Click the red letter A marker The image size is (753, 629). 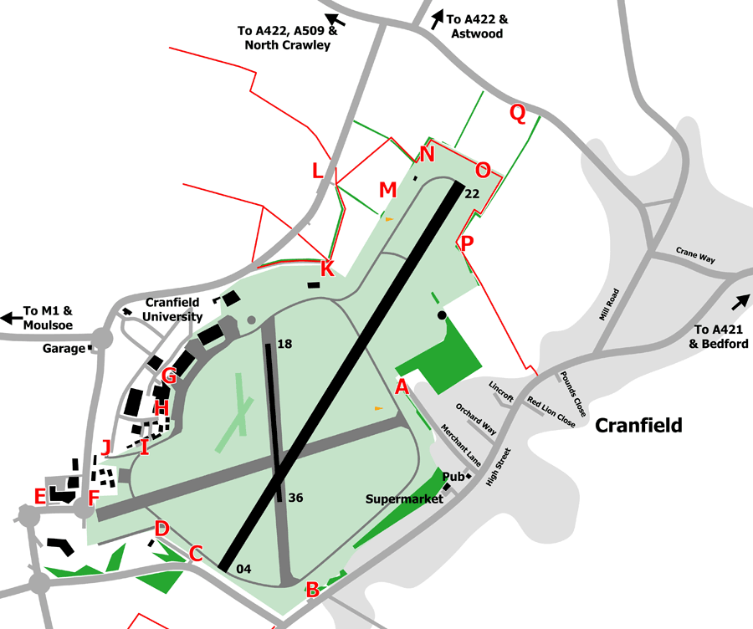tap(402, 386)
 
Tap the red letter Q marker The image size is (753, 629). tap(518, 115)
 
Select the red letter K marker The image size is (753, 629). tap(327, 269)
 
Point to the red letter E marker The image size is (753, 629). tap(39, 496)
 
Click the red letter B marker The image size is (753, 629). tap(312, 589)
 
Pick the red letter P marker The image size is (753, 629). tap(467, 243)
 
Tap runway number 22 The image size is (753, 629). tap(472, 193)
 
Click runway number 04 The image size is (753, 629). tap(243, 570)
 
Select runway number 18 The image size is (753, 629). tap(284, 343)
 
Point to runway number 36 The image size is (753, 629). tap(295, 498)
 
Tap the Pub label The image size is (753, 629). tap(453, 477)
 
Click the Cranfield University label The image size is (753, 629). tap(173, 309)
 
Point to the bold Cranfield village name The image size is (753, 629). tap(638, 426)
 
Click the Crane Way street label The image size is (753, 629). tap(695, 255)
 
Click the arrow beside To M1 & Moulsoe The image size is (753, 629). tap(12, 318)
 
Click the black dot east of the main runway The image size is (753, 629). tap(442, 315)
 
